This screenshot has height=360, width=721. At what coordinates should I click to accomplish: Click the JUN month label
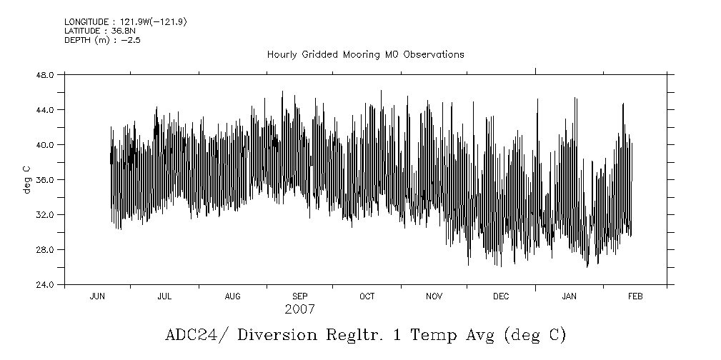pos(97,296)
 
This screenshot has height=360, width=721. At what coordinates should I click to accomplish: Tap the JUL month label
pos(164,296)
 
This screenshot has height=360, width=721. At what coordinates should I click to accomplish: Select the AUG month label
pos(232,296)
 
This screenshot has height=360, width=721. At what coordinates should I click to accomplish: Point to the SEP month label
pos(300,296)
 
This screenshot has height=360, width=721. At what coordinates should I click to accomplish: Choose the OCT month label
pos(367,296)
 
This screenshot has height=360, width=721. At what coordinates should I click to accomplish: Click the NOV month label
pos(434,296)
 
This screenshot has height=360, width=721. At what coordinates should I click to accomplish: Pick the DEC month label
pos(501,296)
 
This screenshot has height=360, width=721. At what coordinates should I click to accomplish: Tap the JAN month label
pos(569,296)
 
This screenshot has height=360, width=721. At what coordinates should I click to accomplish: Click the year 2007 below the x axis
pos(299,310)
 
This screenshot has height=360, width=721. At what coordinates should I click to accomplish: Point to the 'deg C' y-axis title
pos(27,179)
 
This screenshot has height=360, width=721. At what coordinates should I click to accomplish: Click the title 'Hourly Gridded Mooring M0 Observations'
pos(365,54)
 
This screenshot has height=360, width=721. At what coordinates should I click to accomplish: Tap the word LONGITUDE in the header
pos(84,22)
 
